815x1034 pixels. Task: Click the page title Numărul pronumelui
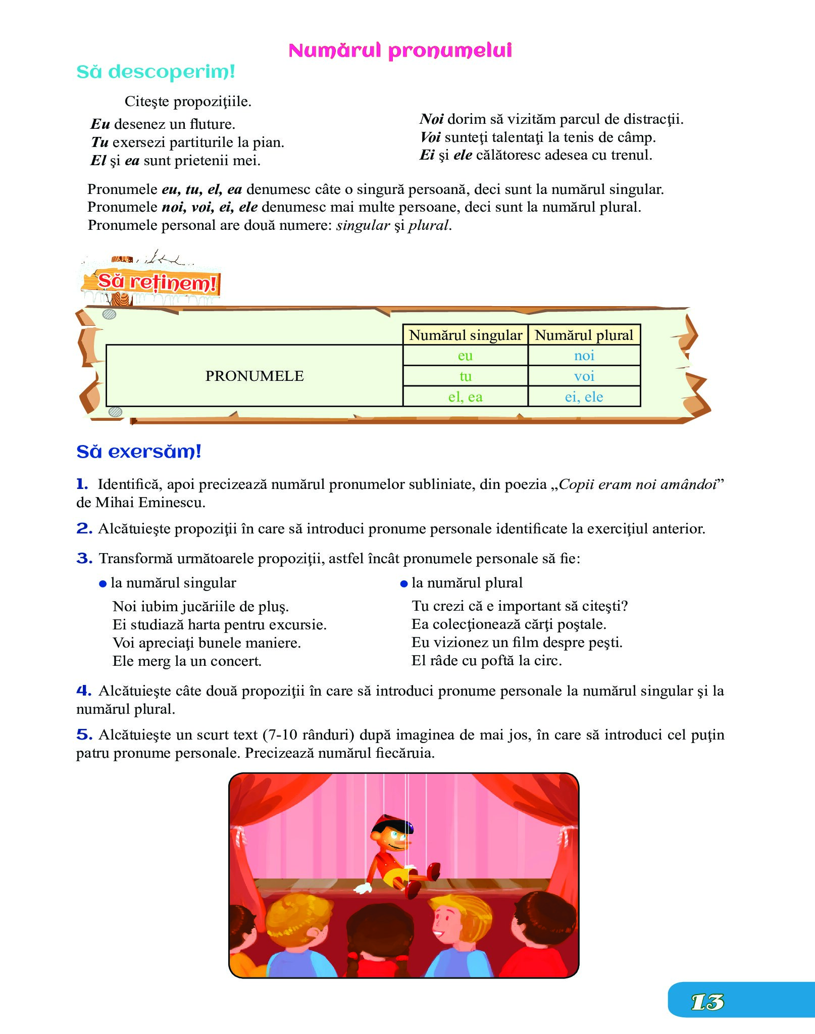(400, 51)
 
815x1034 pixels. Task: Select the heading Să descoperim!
(156, 72)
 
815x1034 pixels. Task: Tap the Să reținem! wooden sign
(157, 282)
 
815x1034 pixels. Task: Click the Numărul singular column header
(465, 335)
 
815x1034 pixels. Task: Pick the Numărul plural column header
(584, 335)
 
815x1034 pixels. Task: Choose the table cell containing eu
(465, 356)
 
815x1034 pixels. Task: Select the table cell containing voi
(584, 376)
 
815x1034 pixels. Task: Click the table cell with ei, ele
(584, 397)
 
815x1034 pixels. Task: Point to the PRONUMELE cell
(254, 376)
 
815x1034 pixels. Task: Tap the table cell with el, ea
(465, 397)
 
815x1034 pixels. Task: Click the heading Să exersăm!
(139, 452)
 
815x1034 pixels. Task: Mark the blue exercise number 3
(84, 559)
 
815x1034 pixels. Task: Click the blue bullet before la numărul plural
(403, 584)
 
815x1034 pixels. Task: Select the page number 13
(707, 1002)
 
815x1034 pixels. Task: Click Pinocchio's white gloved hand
(363, 887)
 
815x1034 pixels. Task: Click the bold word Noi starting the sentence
(432, 119)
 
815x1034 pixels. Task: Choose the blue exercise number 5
(84, 735)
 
